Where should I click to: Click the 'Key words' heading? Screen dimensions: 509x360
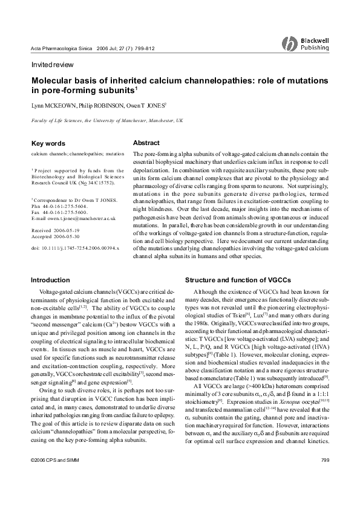tap(48, 144)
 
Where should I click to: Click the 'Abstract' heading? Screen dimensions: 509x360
tap(146, 143)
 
